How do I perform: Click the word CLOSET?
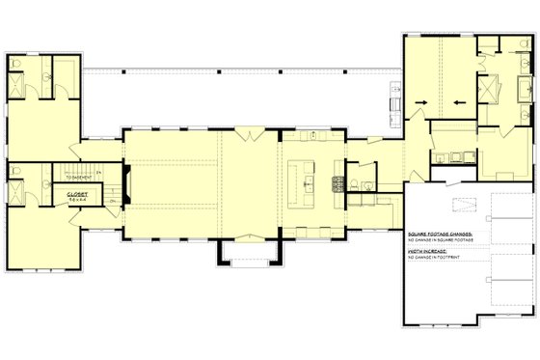coord(78,193)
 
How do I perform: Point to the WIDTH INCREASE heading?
coord(423,250)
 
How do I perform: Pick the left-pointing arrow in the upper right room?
coord(421,99)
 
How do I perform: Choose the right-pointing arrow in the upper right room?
coord(458,99)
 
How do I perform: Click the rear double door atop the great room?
coord(250,130)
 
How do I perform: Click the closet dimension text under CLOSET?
coord(78,199)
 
